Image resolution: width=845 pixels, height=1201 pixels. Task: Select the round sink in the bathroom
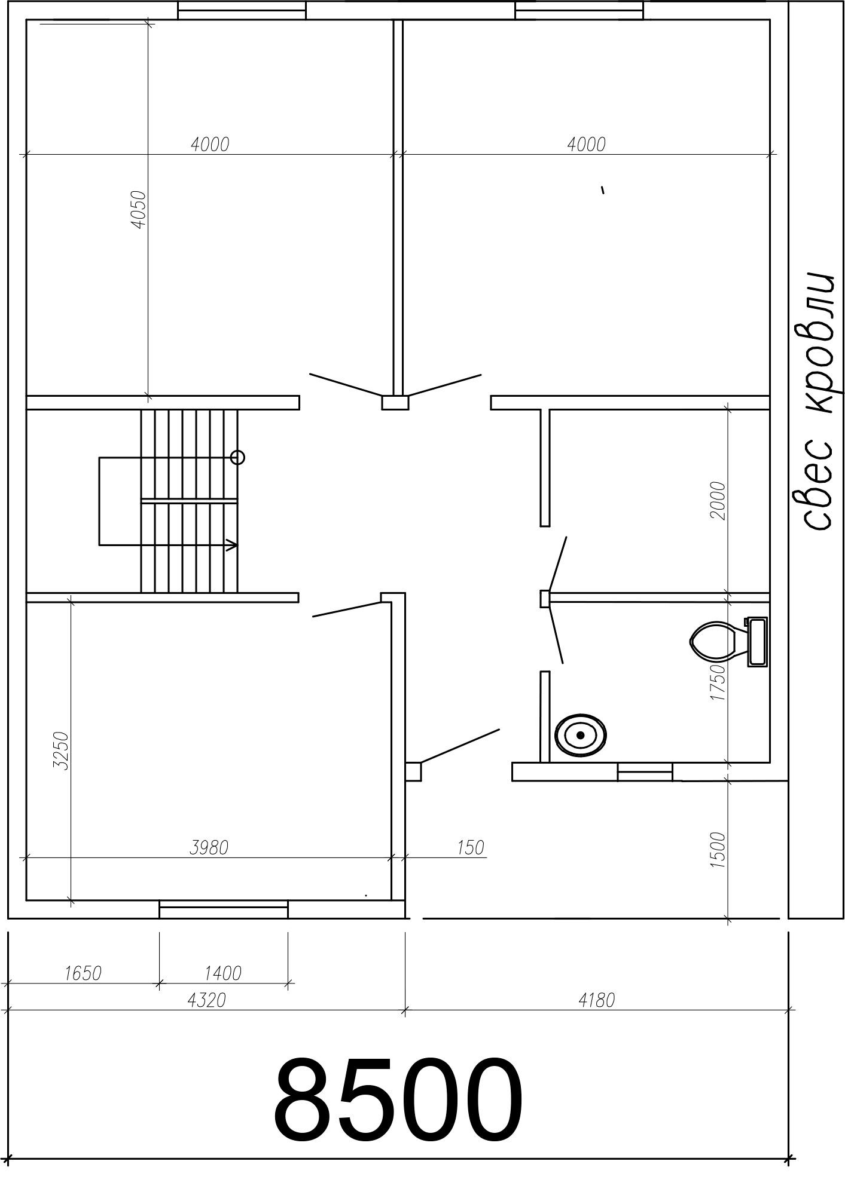tap(580, 735)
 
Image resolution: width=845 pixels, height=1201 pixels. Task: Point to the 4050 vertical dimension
tap(138, 209)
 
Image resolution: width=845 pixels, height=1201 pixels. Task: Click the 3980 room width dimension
tap(209, 847)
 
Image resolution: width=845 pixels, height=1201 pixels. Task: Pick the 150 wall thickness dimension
tap(471, 847)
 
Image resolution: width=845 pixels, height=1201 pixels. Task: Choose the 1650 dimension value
tap(83, 973)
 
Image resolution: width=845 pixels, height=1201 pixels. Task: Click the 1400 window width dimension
tap(222, 973)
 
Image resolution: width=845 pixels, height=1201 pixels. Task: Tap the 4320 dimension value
tap(207, 1000)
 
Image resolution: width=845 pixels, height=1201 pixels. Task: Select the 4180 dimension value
tap(596, 1000)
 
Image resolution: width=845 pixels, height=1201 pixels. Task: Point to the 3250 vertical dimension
tap(61, 750)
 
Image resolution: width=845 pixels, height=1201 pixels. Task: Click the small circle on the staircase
tap(237, 458)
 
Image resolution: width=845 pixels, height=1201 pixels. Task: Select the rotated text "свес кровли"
tap(817, 401)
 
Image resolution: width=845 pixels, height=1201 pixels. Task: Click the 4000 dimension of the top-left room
tap(210, 144)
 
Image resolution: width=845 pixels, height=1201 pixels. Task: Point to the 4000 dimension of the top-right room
tap(586, 144)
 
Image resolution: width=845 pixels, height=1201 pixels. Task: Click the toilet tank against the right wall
tap(757, 642)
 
